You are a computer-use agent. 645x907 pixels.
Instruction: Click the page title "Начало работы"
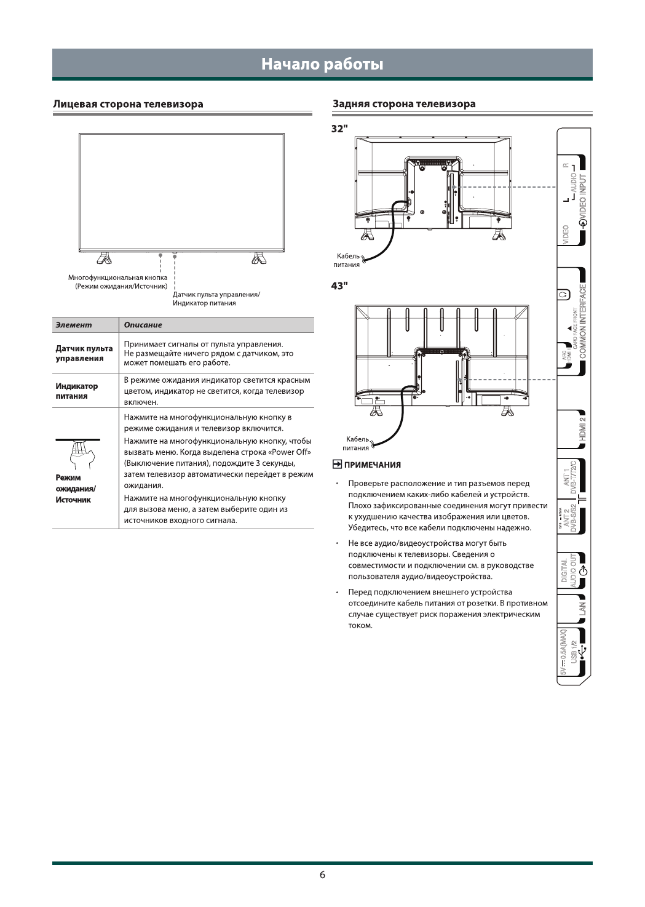click(322, 64)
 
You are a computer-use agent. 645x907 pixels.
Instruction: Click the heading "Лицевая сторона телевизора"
click(128, 104)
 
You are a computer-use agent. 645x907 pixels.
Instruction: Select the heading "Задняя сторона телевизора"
click(404, 104)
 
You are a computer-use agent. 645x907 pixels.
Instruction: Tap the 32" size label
click(339, 128)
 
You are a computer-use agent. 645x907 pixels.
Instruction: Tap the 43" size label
click(339, 286)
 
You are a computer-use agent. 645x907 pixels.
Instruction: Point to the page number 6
click(322, 875)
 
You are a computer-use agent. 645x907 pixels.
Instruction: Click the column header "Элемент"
click(73, 325)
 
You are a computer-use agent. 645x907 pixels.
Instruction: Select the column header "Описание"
click(143, 325)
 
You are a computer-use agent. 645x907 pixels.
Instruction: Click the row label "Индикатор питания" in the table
click(77, 391)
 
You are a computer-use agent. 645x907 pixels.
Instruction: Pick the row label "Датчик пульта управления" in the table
click(84, 353)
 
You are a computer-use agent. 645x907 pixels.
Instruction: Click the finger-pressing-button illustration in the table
click(79, 453)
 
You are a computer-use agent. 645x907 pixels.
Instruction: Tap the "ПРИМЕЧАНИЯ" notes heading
click(372, 465)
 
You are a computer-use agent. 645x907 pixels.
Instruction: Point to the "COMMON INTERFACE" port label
click(582, 320)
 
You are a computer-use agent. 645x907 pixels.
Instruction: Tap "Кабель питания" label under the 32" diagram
click(348, 260)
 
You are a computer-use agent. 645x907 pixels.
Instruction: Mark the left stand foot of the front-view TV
click(105, 257)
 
